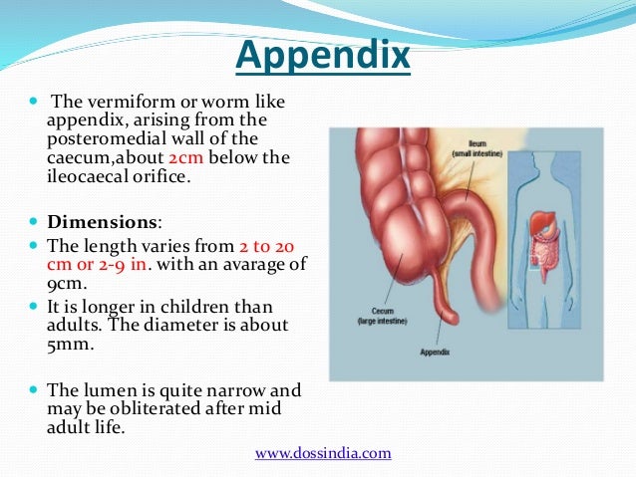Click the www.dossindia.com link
click(x=323, y=453)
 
